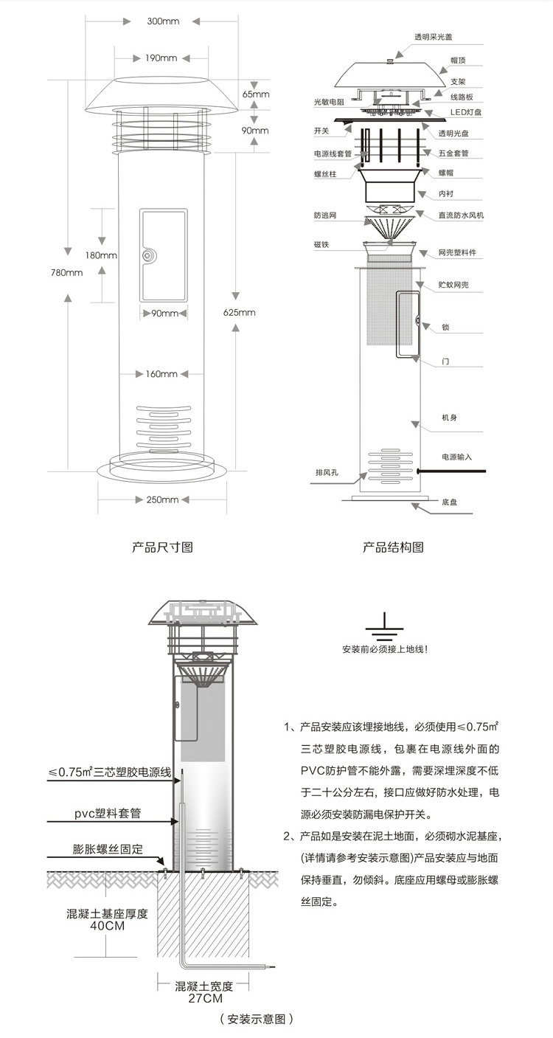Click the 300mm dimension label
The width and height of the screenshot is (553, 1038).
(x=163, y=21)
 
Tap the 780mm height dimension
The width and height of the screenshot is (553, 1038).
(x=69, y=273)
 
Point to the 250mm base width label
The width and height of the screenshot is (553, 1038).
(x=163, y=500)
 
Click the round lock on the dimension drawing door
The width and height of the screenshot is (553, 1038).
(x=147, y=255)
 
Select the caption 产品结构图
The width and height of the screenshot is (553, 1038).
(x=393, y=547)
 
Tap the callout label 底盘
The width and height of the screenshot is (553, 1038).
(x=451, y=502)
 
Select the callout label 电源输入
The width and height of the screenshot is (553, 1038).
(x=457, y=457)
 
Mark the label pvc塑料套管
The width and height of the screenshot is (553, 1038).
(x=108, y=813)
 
